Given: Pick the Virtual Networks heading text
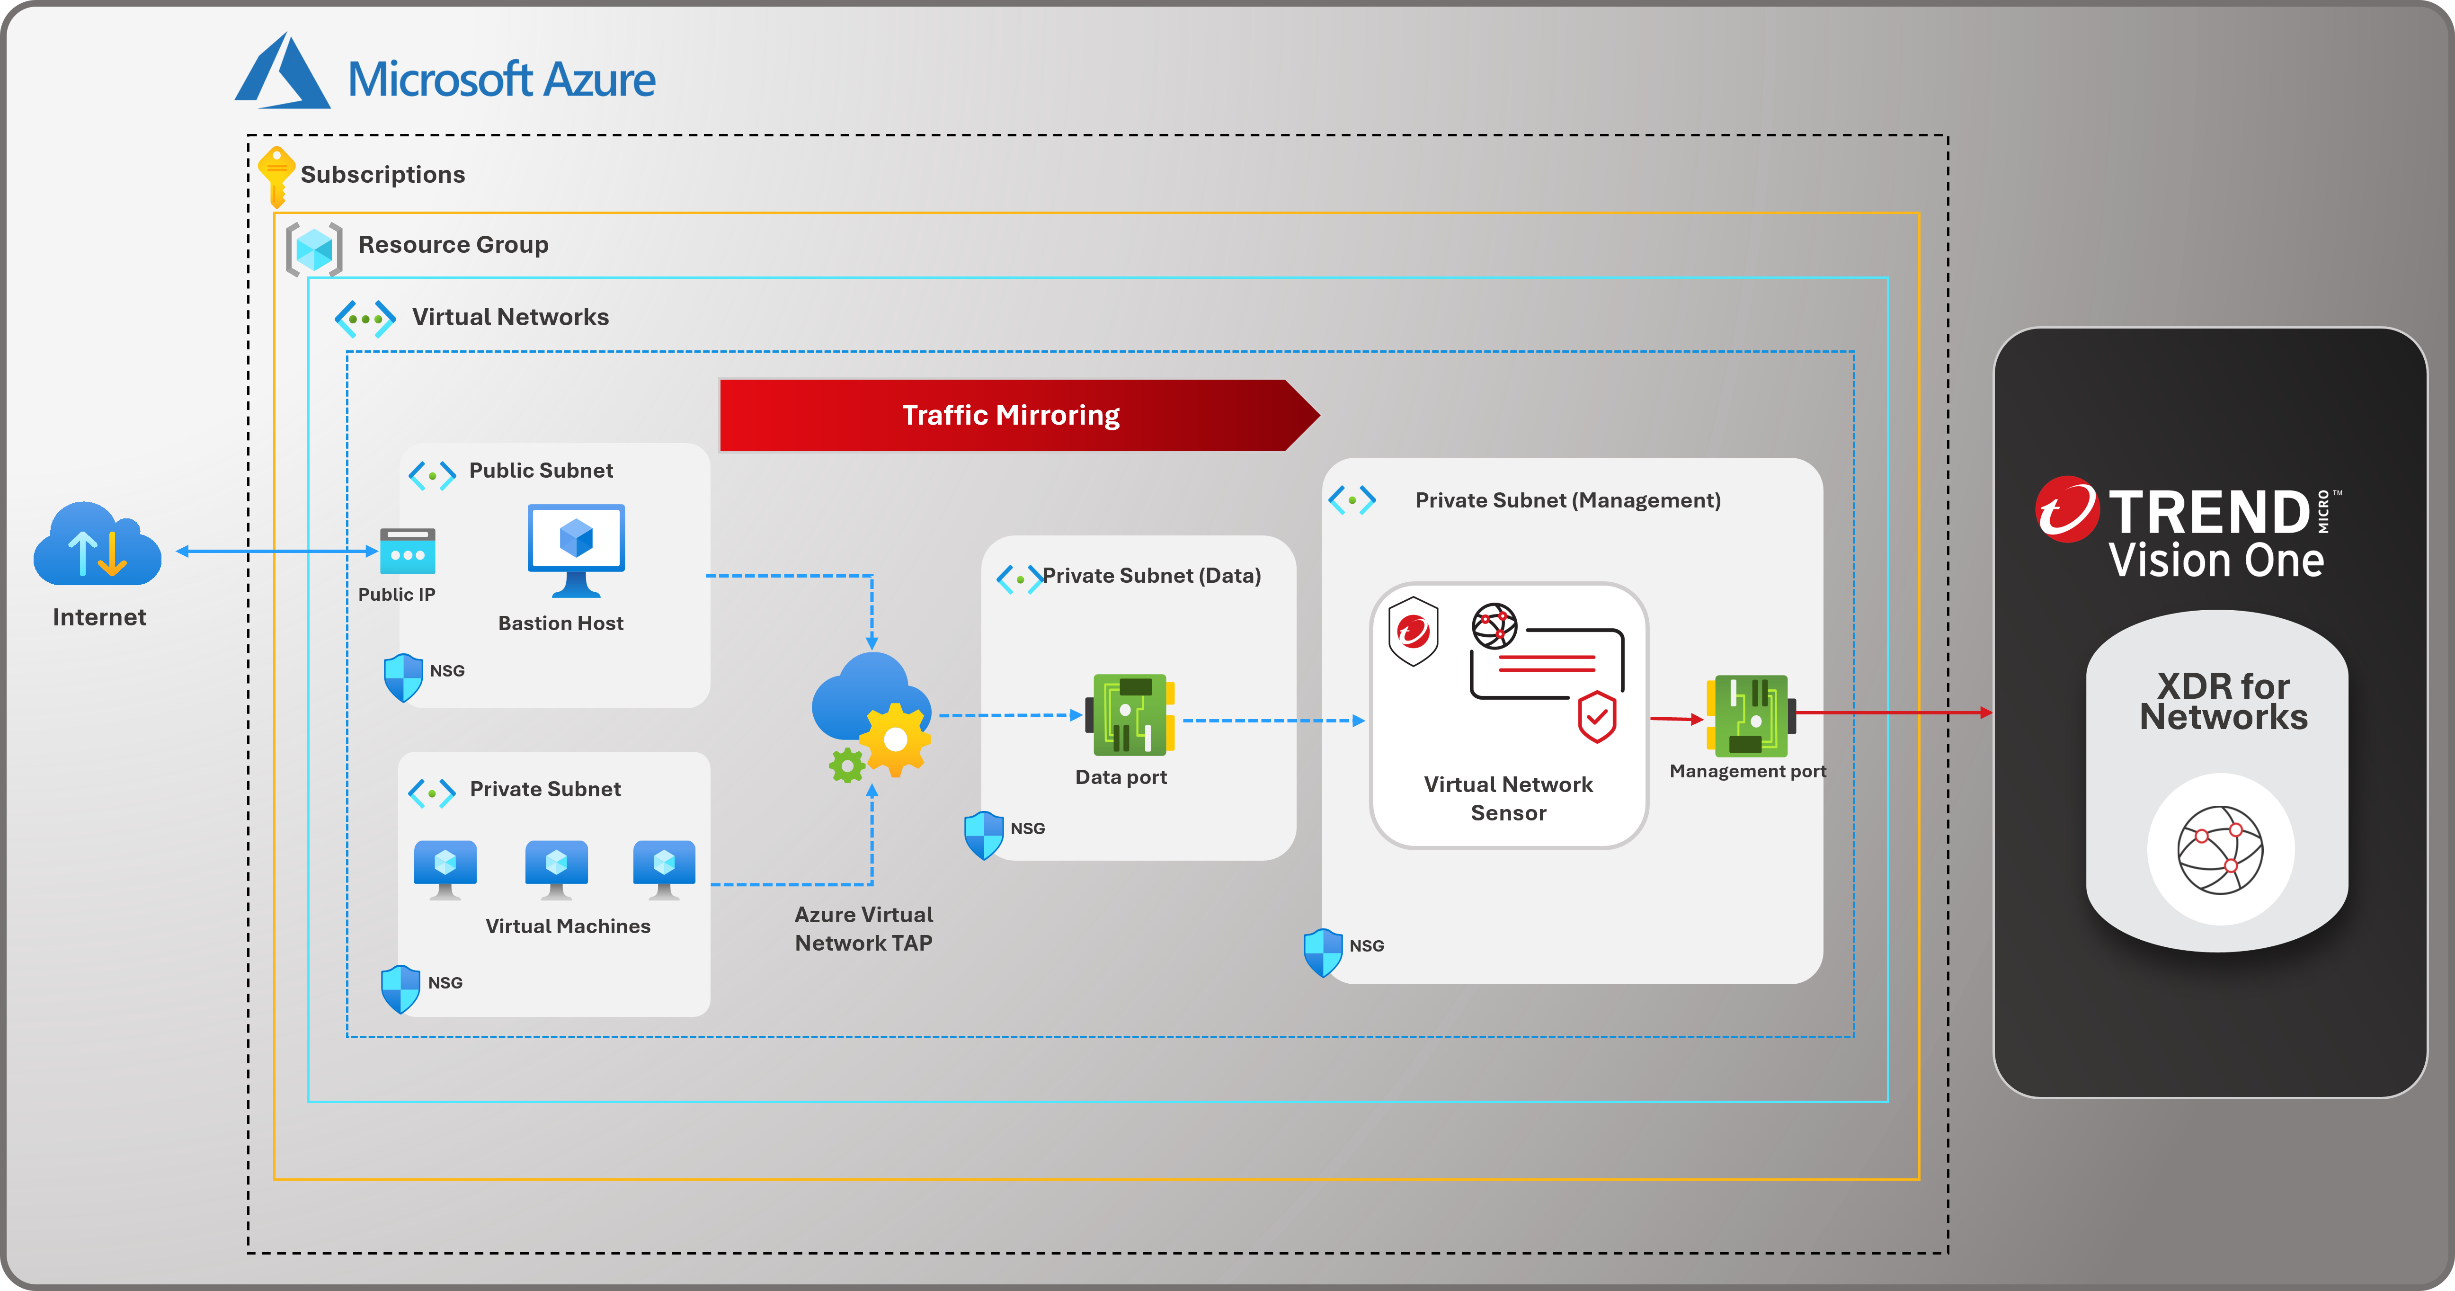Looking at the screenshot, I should click(510, 317).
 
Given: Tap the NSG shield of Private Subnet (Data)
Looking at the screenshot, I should click(984, 834).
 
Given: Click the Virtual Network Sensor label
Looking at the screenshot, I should click(1508, 799).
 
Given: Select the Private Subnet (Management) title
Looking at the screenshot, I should click(1568, 500).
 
